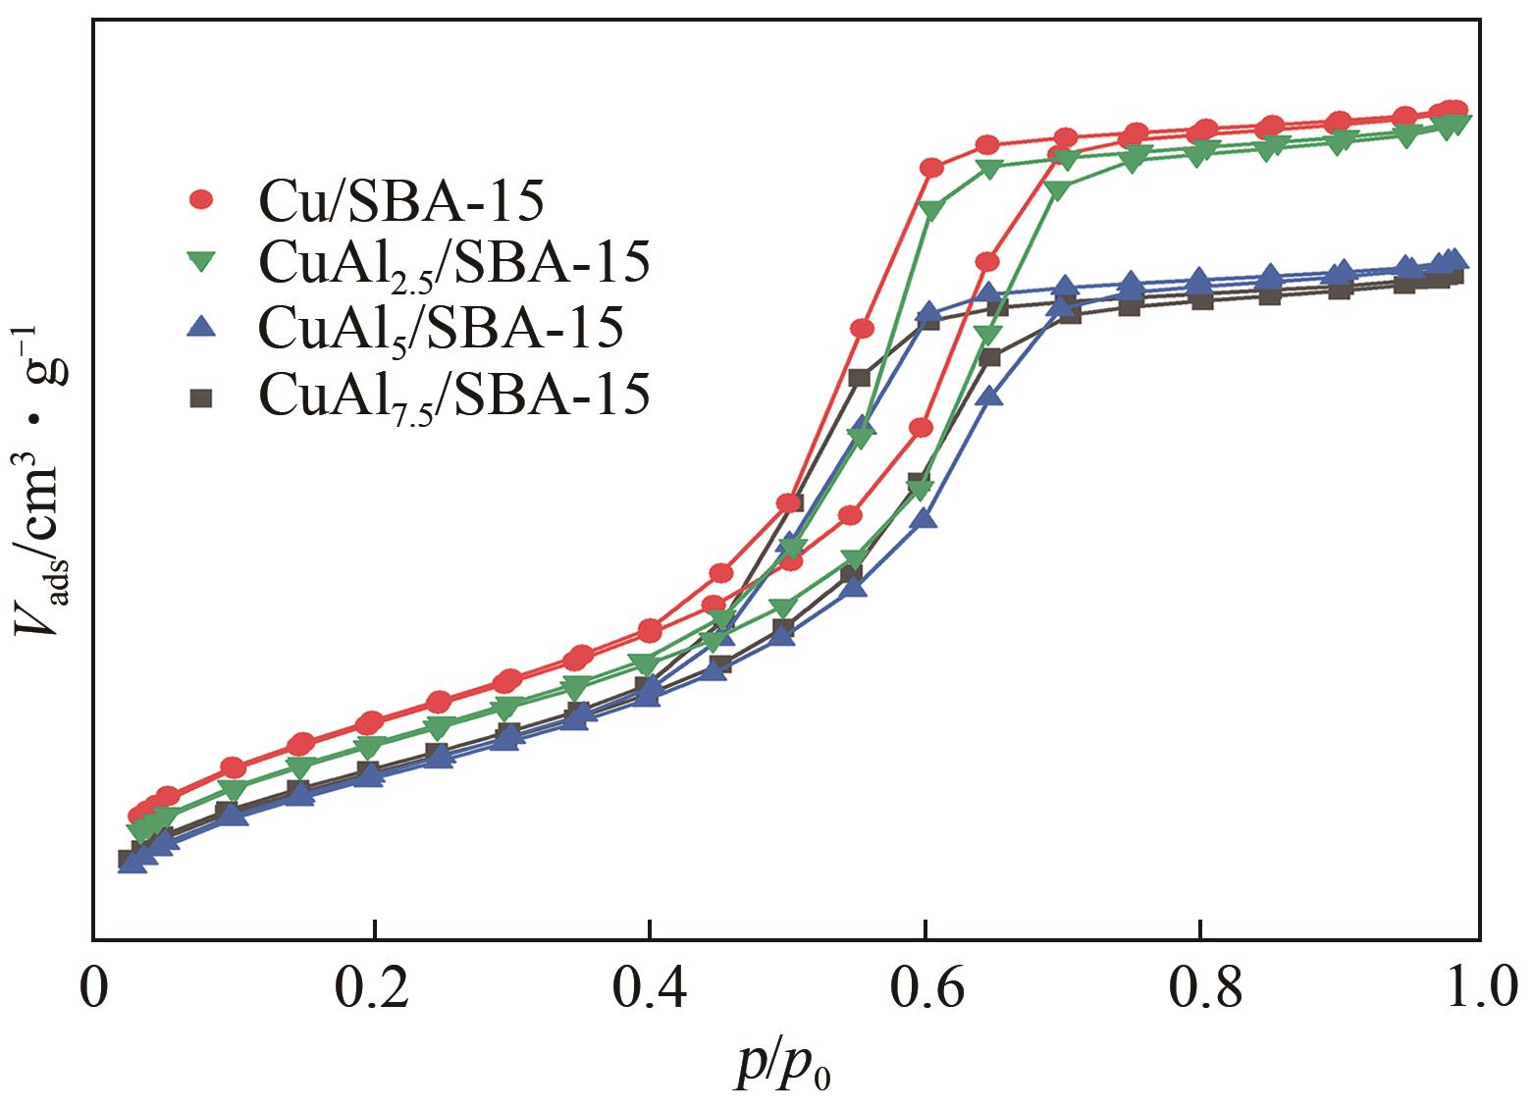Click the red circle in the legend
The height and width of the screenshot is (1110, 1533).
(202, 200)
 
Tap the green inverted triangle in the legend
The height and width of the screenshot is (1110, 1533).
(202, 262)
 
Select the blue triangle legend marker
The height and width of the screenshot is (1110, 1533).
(202, 327)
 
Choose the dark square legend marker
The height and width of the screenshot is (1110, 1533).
(202, 396)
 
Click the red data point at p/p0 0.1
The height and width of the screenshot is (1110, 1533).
(233, 767)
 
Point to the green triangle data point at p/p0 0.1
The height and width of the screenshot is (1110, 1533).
(233, 791)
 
